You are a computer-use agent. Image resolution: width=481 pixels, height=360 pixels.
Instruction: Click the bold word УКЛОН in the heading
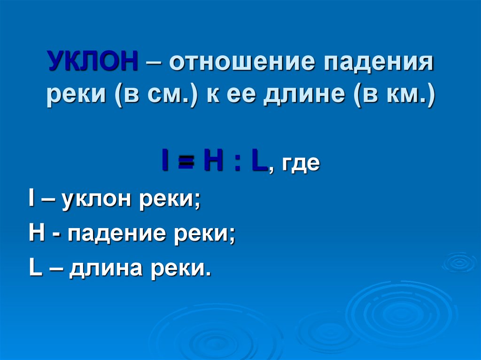pyautogui.click(x=92, y=62)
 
